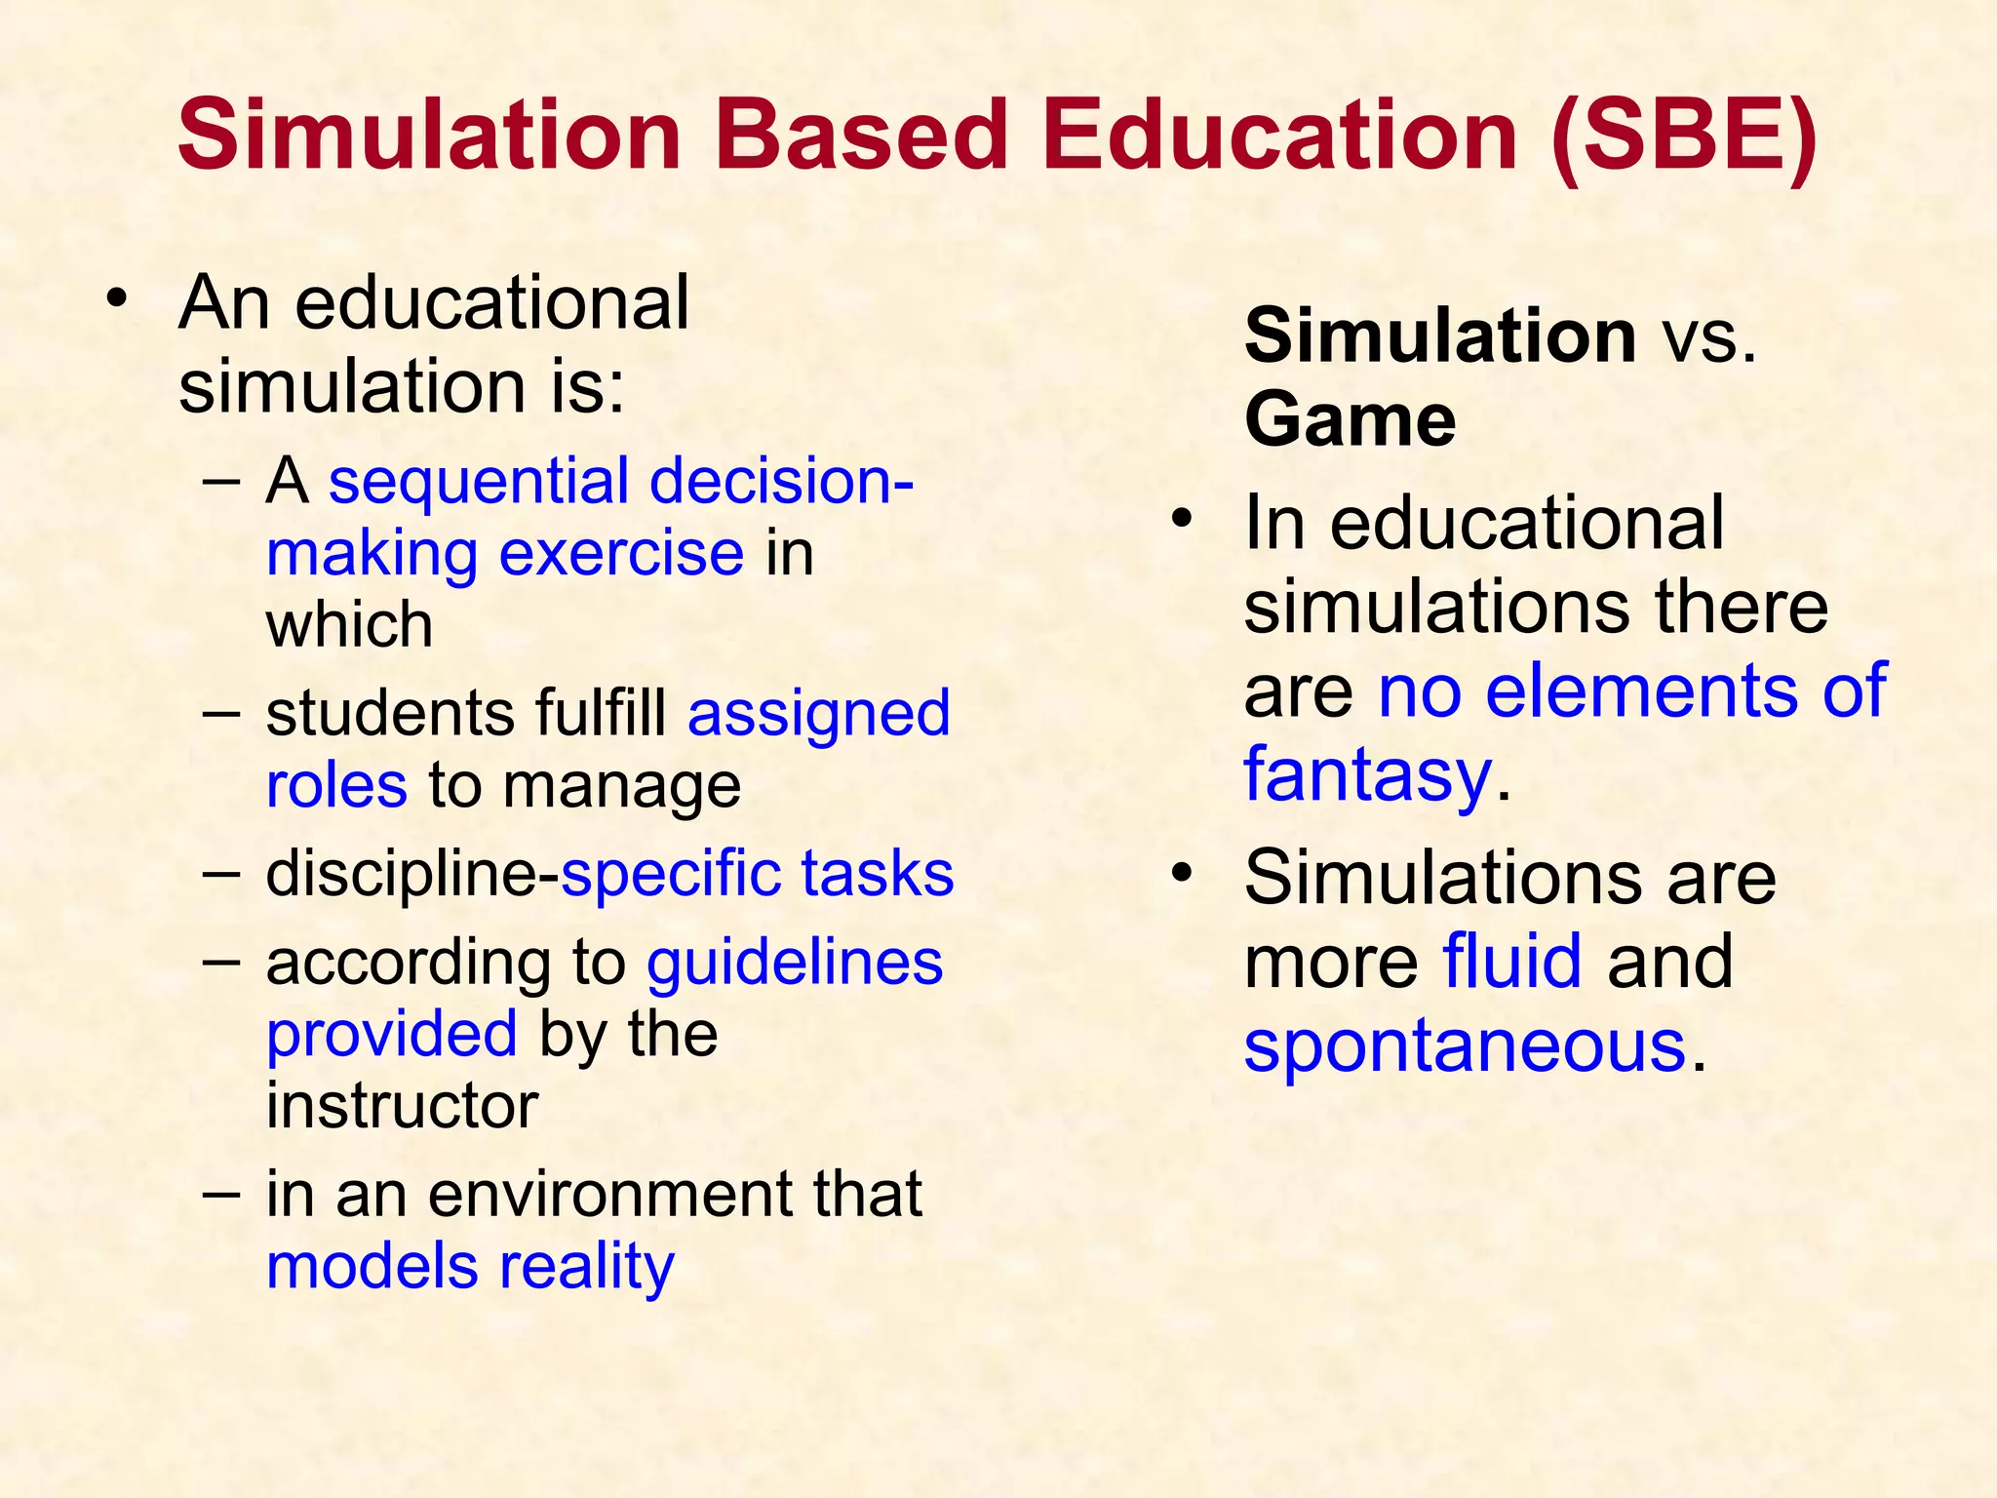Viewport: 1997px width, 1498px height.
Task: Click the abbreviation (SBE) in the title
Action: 1684,137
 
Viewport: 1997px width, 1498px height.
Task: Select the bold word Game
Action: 1350,420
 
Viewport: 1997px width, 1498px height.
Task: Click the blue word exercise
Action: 621,554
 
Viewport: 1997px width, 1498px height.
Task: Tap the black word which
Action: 349,625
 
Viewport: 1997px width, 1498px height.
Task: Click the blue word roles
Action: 336,786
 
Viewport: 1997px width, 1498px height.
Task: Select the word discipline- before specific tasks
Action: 412,874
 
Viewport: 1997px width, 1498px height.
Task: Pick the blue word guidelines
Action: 795,964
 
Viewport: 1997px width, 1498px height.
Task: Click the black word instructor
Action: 402,1106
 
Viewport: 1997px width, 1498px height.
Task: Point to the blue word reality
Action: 586,1267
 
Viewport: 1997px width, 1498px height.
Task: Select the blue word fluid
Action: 1511,962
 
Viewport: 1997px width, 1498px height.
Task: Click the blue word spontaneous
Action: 1465,1046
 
